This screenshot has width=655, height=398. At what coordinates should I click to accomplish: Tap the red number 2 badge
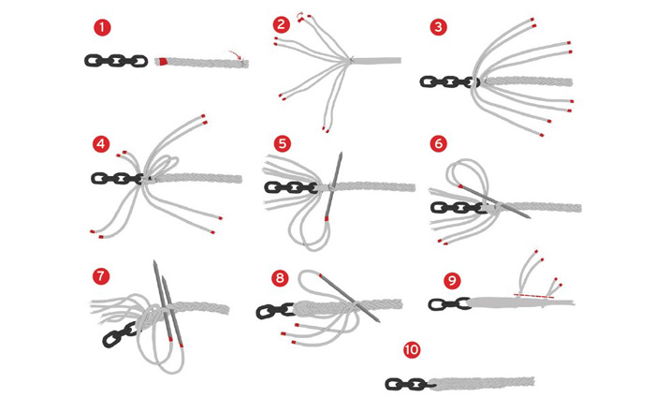[282, 25]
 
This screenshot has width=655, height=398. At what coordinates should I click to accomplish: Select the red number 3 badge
[439, 26]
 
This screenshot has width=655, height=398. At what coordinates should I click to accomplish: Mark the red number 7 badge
[101, 276]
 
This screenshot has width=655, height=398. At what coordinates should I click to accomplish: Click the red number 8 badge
[282, 277]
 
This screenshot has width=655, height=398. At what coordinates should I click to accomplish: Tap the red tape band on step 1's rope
[164, 63]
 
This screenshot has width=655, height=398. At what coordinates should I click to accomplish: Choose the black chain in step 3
[447, 82]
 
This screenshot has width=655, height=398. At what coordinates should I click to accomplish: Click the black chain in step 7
[123, 332]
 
